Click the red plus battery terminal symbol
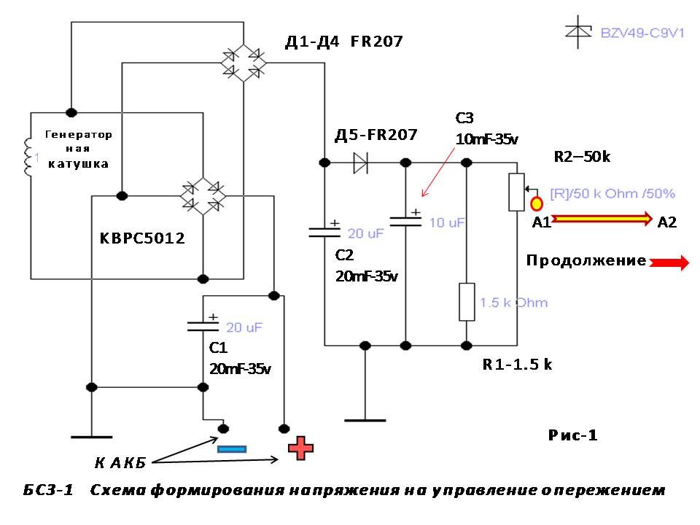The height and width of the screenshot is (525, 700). click(x=300, y=448)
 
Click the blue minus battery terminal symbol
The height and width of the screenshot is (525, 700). click(x=231, y=449)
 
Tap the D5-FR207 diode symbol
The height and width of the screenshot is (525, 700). click(x=360, y=162)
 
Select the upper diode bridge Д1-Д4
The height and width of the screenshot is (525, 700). click(x=244, y=62)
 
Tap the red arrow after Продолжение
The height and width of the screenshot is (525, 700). click(x=669, y=262)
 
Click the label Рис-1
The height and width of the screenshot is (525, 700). click(x=572, y=435)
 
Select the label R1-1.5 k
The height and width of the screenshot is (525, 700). click(x=517, y=365)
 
